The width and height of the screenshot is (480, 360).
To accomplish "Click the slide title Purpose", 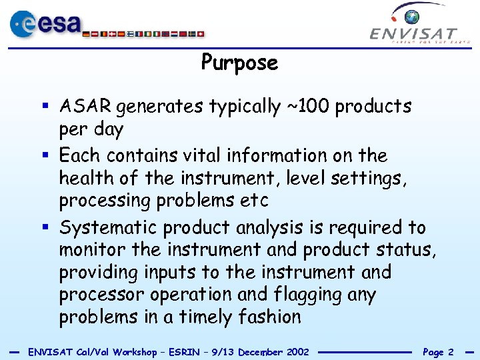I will click(x=239, y=63).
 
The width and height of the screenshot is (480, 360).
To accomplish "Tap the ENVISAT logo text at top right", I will click(x=413, y=34).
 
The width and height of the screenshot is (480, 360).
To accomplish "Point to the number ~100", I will click(x=309, y=107).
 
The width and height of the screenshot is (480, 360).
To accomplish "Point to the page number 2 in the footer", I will click(x=451, y=352).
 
